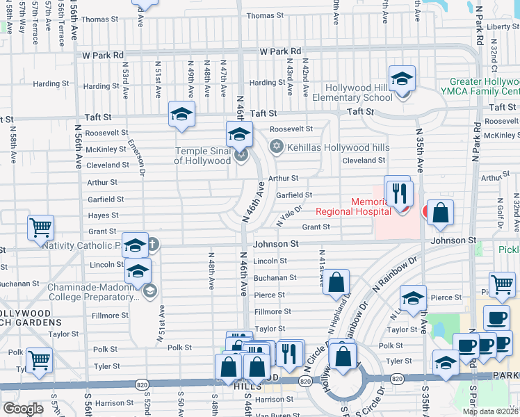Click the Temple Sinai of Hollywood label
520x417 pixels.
tap(202, 155)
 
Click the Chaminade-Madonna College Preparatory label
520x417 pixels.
tap(90, 292)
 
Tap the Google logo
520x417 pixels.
tap(24, 408)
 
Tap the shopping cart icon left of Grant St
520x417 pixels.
tap(40, 227)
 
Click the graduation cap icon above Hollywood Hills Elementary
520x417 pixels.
tap(402, 79)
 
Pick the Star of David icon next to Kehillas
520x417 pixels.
tap(276, 147)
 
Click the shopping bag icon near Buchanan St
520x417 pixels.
tap(336, 282)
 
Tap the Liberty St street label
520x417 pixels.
tap(504, 27)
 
